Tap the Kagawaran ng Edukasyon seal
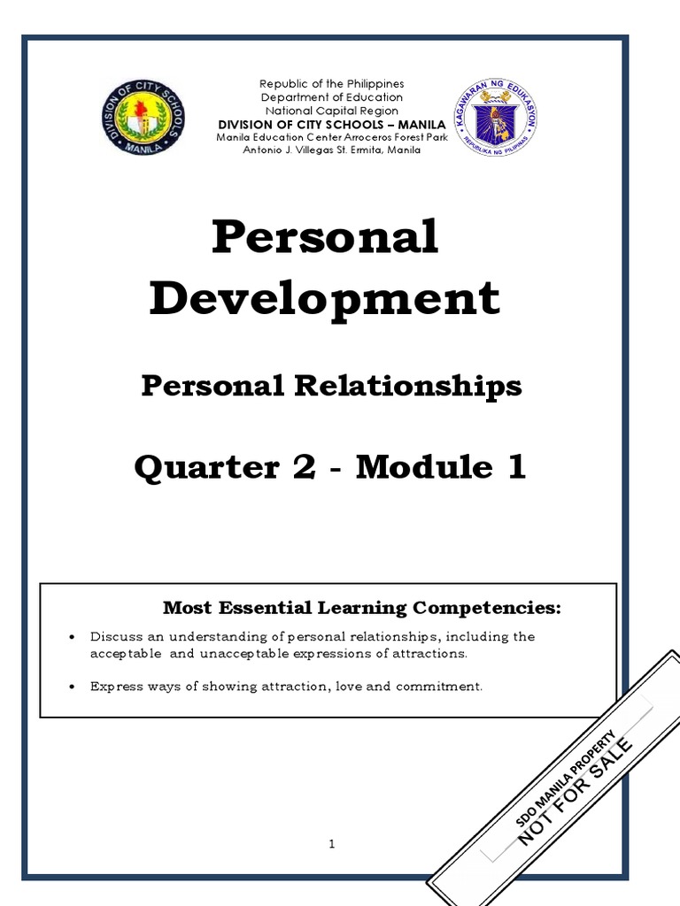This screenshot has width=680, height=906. [x=496, y=117]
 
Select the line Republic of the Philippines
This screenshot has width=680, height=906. [x=332, y=83]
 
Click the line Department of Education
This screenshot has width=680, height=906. [x=332, y=97]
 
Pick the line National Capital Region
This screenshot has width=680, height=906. [x=332, y=111]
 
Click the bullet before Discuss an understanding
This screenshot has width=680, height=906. [x=72, y=637]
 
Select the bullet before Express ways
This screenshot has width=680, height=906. [x=72, y=687]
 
